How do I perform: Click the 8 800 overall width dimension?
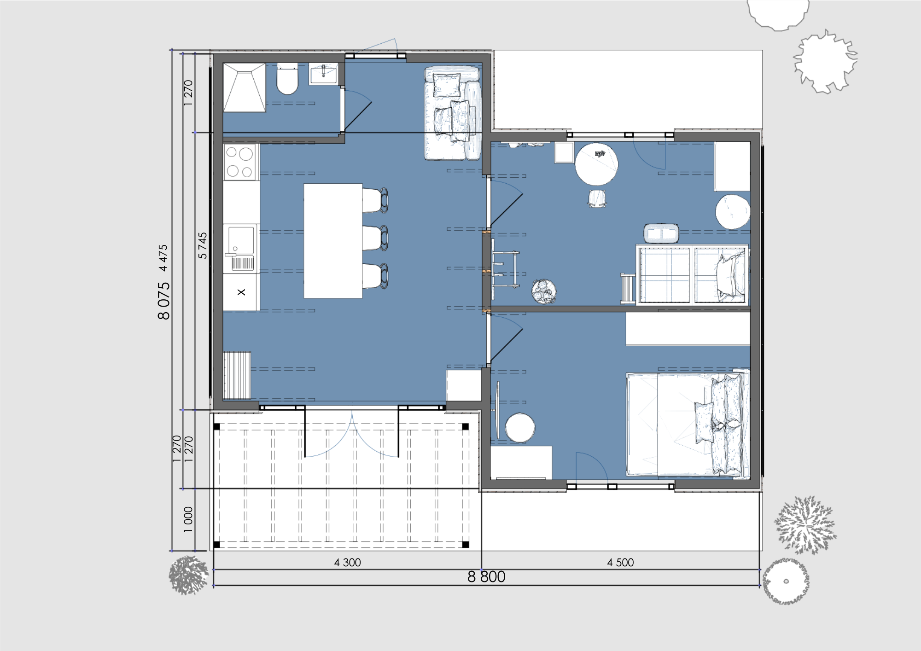486,577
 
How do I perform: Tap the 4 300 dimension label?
347,563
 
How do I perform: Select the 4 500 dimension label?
620,563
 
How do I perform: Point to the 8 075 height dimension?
163,301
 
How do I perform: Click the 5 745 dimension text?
203,245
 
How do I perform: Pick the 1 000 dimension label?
188,520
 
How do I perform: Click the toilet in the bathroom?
287,79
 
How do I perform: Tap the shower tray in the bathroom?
245,87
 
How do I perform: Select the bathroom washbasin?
323,74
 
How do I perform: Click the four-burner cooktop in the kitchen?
240,162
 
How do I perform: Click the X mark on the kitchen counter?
241,292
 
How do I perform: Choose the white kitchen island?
333,241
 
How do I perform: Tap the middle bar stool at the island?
375,238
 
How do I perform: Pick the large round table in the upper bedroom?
596,164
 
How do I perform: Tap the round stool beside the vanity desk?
520,428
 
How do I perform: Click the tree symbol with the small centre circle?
786,581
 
